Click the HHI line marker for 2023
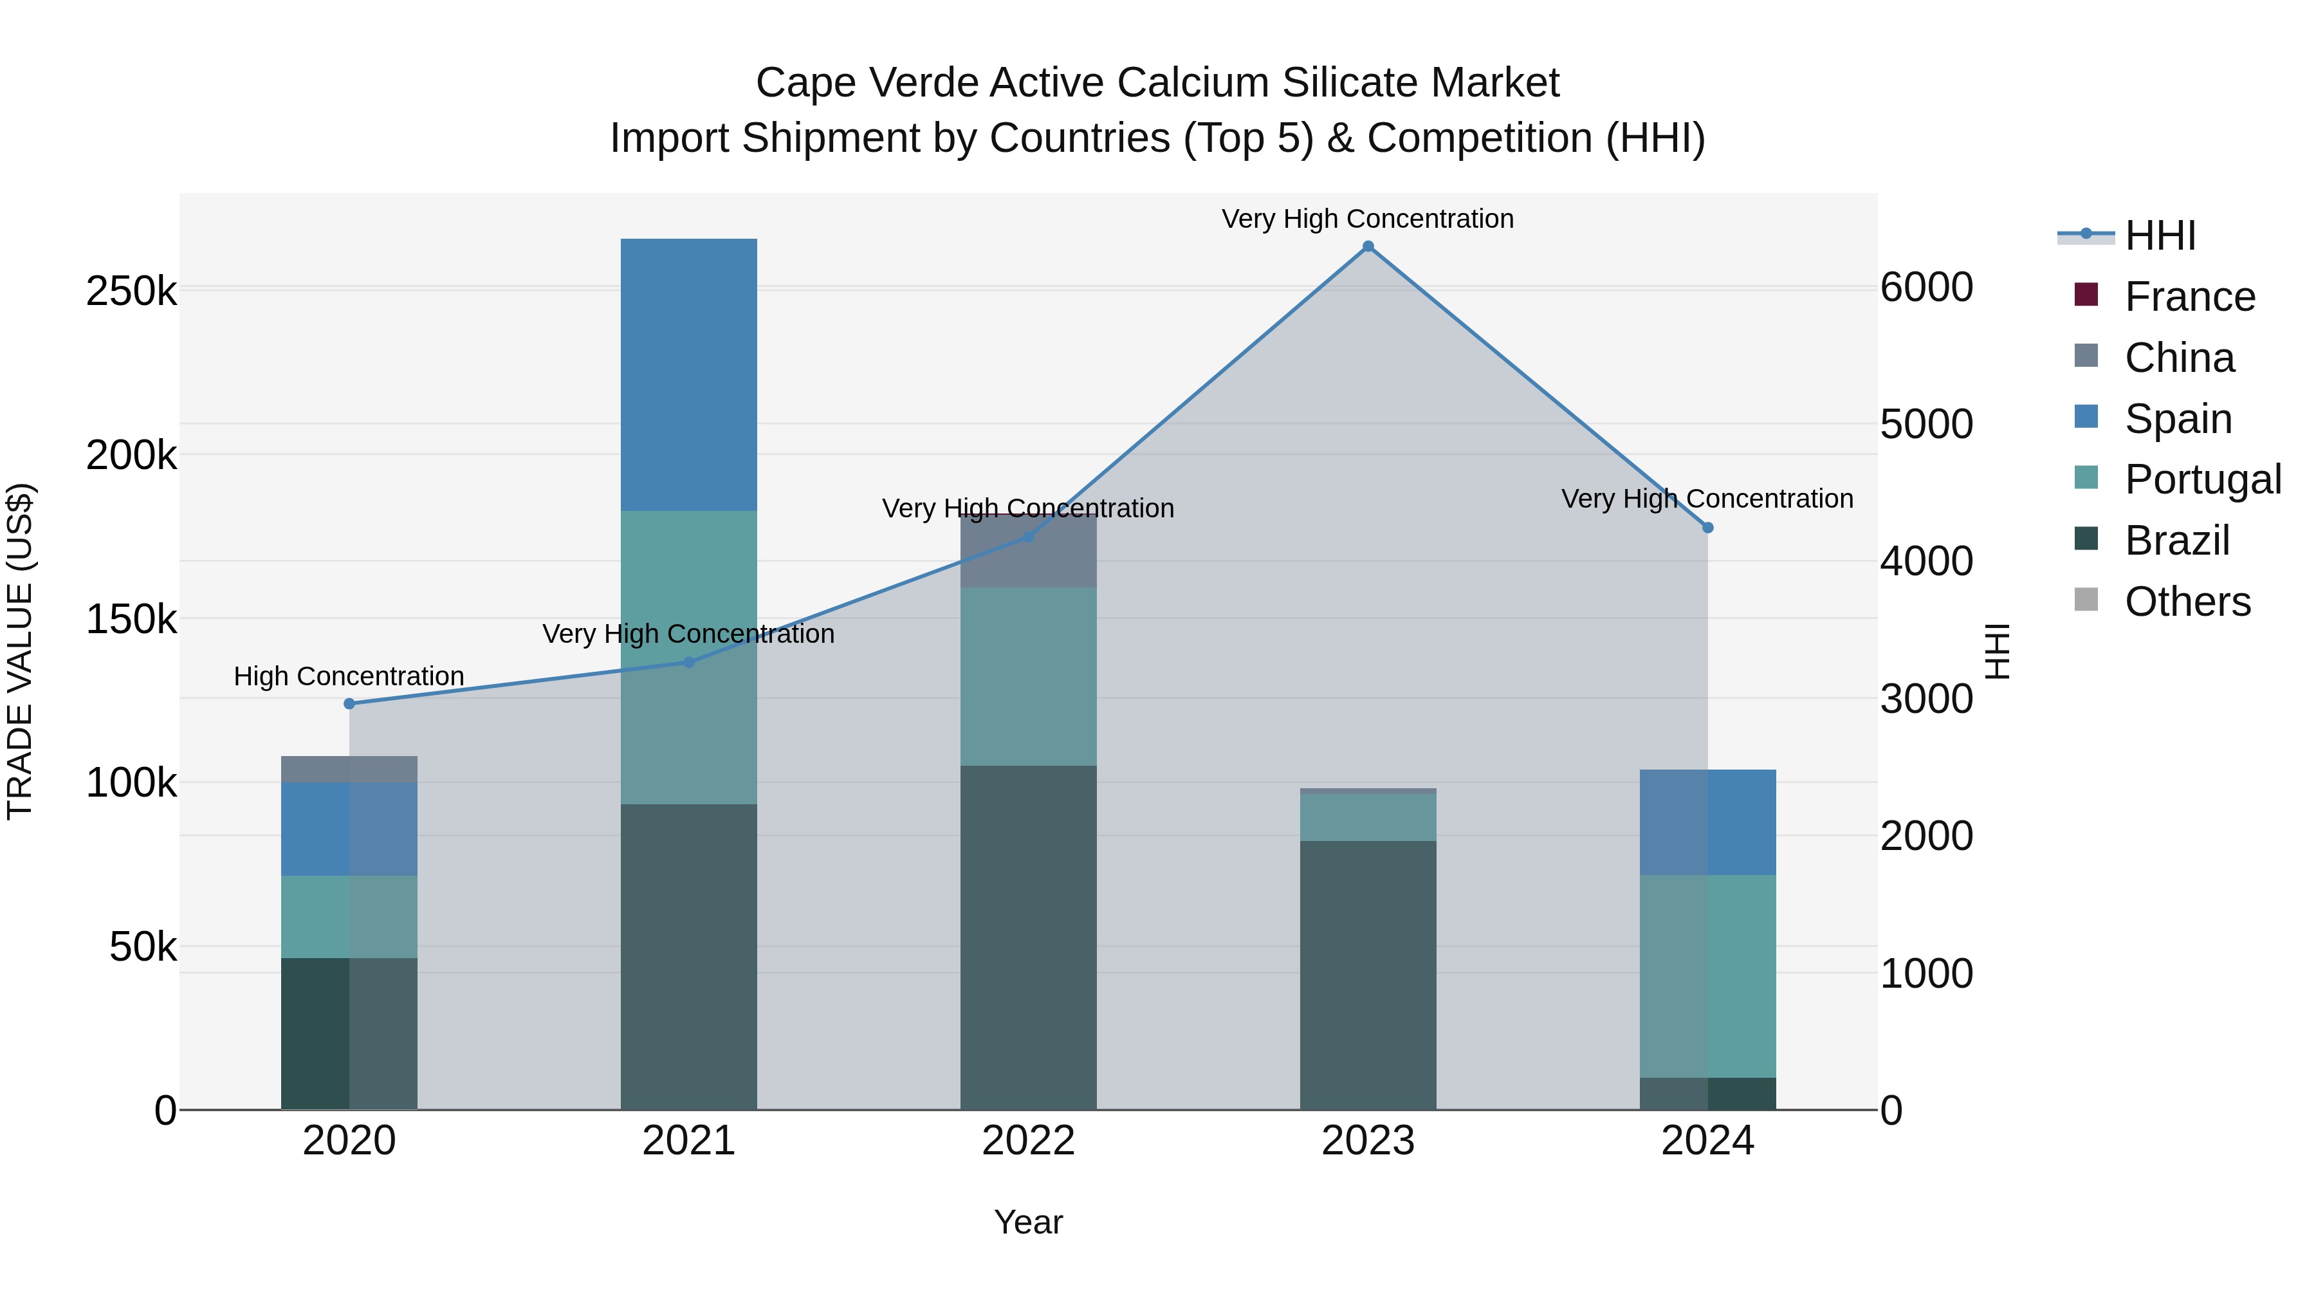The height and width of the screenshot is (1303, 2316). [x=1368, y=246]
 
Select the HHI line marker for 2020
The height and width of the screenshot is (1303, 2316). [x=350, y=703]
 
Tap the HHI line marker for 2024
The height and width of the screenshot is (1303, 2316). [x=1707, y=528]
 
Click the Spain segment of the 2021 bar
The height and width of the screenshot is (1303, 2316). [x=688, y=375]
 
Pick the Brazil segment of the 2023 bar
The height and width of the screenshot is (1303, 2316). [x=1368, y=975]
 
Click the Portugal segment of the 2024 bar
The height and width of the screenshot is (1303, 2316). [x=1707, y=975]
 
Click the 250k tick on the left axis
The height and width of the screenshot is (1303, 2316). [x=131, y=291]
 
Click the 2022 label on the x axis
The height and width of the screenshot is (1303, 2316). [x=1029, y=1141]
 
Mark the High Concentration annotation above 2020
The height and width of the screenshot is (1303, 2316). [x=349, y=676]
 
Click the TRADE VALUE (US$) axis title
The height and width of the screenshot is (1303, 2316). [x=20, y=651]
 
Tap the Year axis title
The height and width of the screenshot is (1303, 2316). [x=1029, y=1222]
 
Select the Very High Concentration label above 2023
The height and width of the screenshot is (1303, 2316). [x=1368, y=219]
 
